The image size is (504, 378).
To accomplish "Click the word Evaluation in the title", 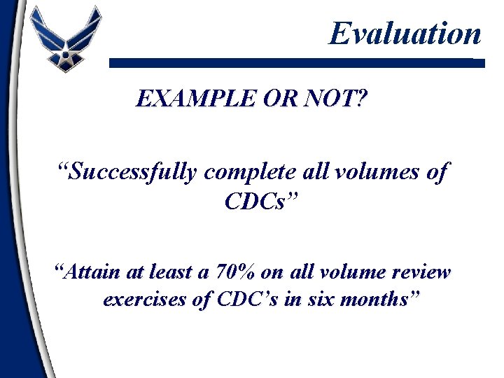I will tap(405, 34).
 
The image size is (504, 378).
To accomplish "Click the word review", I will tap(420, 272).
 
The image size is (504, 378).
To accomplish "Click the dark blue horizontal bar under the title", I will tap(294, 62).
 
